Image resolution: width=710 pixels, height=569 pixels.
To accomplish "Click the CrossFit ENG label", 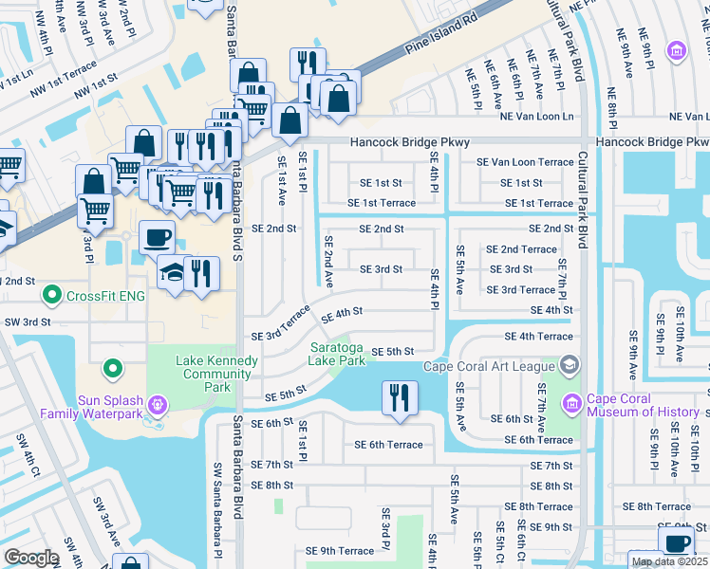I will tap(105, 296).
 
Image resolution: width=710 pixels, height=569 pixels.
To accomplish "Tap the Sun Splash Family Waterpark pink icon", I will tap(158, 406).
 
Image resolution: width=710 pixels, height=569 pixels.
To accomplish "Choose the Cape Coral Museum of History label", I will tap(645, 405).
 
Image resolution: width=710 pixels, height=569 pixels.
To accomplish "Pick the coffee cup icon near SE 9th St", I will tap(676, 542).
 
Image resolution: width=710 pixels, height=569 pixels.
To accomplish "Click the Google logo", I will tap(30, 558).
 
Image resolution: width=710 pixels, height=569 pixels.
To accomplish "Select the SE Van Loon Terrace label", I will tap(525, 162).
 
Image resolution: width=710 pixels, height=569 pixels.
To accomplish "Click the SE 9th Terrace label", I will tap(339, 551).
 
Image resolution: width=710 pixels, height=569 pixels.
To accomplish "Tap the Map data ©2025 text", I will tap(668, 561).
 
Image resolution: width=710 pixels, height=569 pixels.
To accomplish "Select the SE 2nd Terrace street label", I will tap(521, 249).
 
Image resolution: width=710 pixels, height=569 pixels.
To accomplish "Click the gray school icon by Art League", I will tap(570, 364).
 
